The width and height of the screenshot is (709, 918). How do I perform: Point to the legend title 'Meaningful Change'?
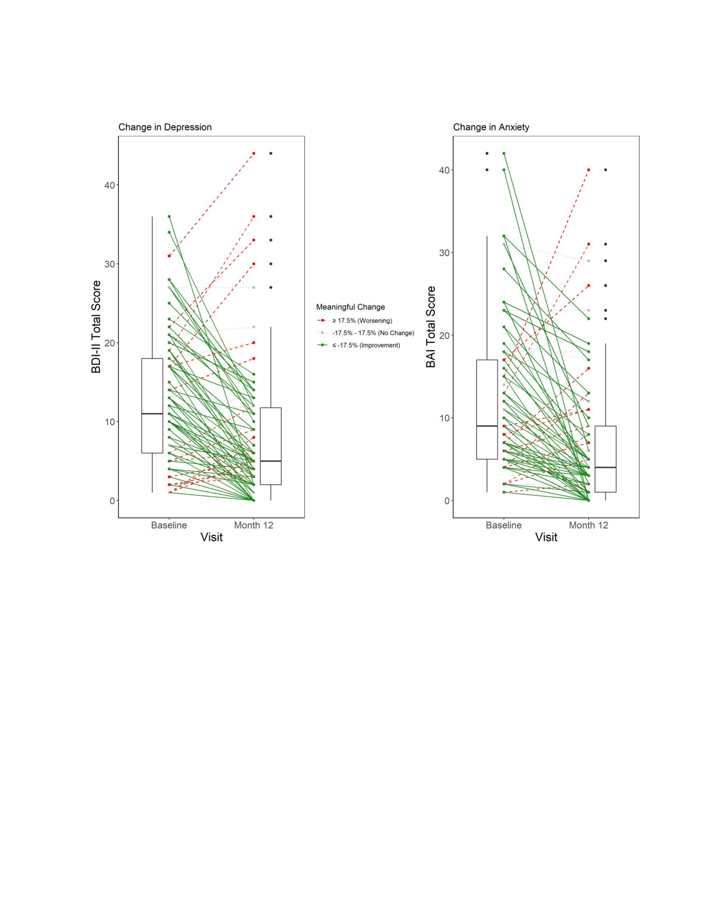tap(350, 307)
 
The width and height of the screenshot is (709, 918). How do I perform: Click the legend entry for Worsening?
tap(362, 320)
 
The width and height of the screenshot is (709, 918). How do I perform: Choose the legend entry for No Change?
tap(373, 333)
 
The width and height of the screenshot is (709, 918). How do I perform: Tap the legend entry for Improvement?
tap(366, 345)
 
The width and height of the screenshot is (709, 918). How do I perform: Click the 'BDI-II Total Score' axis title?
tap(96, 327)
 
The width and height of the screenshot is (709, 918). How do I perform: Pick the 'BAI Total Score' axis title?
tap(431, 327)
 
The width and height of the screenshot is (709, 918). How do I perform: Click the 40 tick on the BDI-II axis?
tap(109, 185)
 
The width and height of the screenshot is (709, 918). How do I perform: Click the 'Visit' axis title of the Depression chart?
tap(211, 537)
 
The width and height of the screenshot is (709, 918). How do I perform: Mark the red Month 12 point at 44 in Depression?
tap(254, 154)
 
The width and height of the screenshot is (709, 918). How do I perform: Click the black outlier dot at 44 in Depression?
tap(271, 154)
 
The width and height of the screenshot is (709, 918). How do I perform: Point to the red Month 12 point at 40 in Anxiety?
tap(588, 170)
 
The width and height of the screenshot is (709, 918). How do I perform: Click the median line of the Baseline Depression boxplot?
tap(152, 414)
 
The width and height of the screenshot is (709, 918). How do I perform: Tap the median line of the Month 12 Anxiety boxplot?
tap(605, 467)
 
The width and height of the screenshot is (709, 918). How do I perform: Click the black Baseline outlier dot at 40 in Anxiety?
tap(487, 170)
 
